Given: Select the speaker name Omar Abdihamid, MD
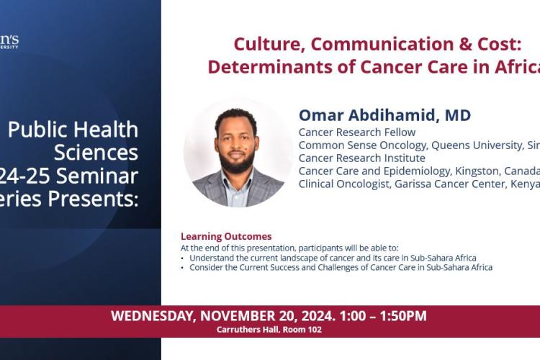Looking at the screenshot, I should [x=384, y=115].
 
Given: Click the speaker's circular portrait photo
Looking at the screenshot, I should [x=238, y=153].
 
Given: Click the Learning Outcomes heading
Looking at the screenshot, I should [x=226, y=236].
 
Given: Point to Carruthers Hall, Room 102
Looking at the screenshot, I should [x=269, y=330].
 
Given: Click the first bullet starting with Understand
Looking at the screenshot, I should [x=331, y=258].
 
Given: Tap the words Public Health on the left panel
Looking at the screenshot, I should [x=73, y=130].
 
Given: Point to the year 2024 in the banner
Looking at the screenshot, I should [x=300, y=316].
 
